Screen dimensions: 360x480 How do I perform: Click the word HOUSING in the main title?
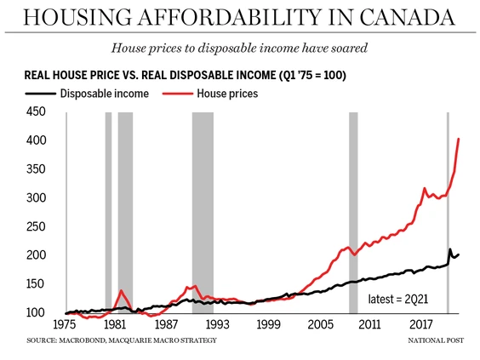coord(89,18)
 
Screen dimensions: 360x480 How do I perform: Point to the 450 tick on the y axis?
coord(35,111)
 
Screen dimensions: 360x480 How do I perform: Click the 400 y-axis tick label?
coord(35,140)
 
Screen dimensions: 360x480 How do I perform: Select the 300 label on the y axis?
coord(35,198)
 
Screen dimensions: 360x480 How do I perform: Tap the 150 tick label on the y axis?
coord(35,284)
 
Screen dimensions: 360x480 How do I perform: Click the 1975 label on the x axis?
coord(66,325)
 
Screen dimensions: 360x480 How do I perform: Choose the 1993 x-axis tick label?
coord(217,325)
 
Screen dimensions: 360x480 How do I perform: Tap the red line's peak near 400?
coord(459,140)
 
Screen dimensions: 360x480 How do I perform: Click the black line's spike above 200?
coord(449,249)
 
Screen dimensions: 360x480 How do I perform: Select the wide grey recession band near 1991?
coord(203,213)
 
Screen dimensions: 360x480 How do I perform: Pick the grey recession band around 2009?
coord(353,213)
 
